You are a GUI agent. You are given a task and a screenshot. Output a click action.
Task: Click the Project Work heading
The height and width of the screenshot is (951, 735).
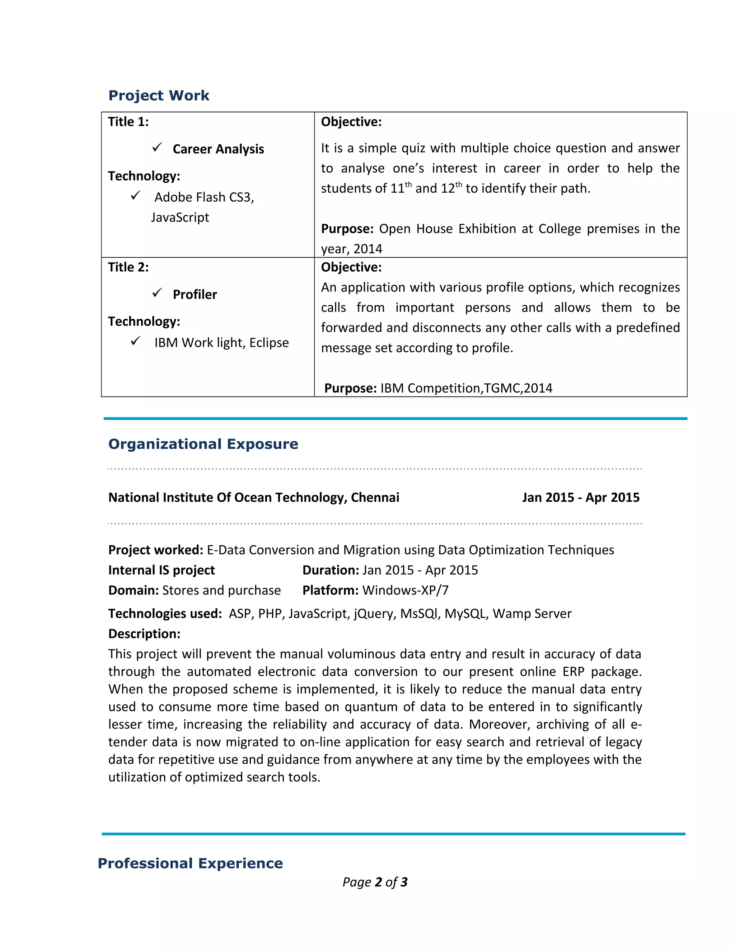click(x=159, y=95)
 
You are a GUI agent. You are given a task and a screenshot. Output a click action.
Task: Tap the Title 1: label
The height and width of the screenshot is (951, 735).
click(x=128, y=122)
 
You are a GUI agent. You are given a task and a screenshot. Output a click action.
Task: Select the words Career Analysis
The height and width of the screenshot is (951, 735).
click(x=218, y=149)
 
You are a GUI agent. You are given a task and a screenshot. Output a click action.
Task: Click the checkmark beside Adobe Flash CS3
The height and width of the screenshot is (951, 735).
click(x=135, y=196)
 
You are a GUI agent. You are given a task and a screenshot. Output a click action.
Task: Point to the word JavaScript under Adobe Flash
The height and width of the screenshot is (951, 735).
click(x=180, y=217)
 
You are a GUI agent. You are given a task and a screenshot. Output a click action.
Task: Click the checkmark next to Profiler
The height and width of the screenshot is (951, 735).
click(x=157, y=293)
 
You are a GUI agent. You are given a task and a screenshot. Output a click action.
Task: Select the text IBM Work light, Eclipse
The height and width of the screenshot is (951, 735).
click(x=221, y=343)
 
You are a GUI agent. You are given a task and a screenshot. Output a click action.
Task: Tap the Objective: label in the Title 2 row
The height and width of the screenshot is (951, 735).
click(x=351, y=267)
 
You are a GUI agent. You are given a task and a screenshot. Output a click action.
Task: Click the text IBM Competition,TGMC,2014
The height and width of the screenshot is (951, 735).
click(x=466, y=388)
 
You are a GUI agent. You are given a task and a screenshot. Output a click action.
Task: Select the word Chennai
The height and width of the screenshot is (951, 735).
click(x=375, y=497)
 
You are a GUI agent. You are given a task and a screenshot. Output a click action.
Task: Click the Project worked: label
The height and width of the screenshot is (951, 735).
click(x=155, y=550)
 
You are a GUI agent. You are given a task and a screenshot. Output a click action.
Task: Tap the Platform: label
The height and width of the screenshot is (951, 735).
click(x=331, y=590)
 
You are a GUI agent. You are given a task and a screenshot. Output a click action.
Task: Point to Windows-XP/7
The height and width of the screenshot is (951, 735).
click(x=406, y=590)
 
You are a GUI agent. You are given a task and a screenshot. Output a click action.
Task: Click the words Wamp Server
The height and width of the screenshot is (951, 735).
click(x=532, y=614)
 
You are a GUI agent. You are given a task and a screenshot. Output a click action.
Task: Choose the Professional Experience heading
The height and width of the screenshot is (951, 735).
click(x=190, y=863)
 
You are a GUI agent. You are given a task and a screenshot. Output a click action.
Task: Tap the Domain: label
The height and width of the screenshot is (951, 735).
click(x=133, y=590)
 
